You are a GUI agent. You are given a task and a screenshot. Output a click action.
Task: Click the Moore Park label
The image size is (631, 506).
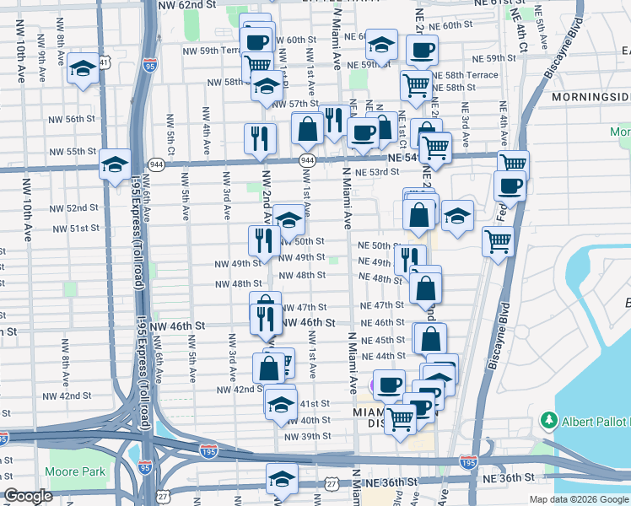click(75, 471)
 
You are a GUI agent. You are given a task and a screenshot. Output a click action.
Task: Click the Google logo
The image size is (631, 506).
click(28, 496)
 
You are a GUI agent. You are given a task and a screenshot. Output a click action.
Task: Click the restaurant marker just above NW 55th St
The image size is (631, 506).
click(260, 139)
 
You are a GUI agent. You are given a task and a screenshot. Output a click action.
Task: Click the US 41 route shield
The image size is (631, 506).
click(104, 62)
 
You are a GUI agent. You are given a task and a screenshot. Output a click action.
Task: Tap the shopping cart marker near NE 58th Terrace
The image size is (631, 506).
click(415, 84)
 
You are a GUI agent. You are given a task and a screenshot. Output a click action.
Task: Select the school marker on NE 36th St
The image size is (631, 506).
click(281, 479)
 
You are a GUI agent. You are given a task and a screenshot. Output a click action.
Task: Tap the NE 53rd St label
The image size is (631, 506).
click(376, 172)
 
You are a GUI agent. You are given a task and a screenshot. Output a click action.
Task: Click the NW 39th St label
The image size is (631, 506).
click(308, 436)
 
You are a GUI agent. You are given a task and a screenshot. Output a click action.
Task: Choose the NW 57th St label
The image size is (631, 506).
click(285, 104)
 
